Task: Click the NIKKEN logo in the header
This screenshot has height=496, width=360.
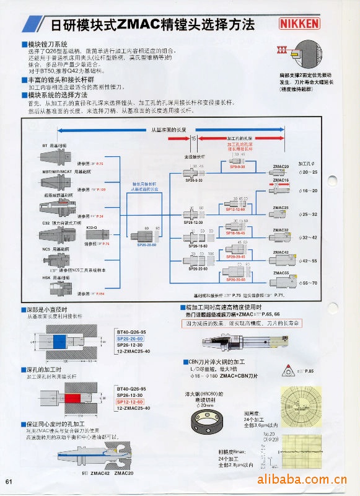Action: coord(300,24)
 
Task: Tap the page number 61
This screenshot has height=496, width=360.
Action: coord(9,482)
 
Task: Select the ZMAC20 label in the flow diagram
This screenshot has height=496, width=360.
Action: coord(281,166)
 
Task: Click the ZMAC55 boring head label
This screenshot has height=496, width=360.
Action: coord(281,273)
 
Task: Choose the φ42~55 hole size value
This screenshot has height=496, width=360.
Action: coord(307,261)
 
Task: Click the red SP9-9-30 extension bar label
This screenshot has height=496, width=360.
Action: coord(237,167)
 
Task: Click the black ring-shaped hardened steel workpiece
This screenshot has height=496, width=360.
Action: coord(209,422)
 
